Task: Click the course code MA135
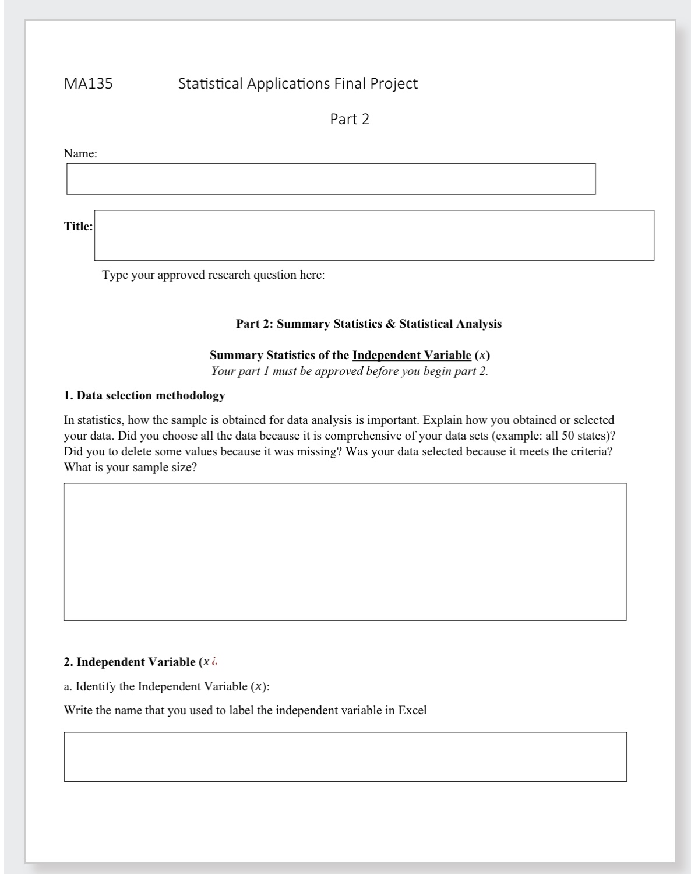click(x=88, y=83)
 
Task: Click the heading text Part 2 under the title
click(x=350, y=119)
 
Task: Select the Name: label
click(x=80, y=154)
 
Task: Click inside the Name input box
click(x=330, y=178)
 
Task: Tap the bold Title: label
click(x=78, y=226)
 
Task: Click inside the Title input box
click(x=373, y=235)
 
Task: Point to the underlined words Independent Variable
click(x=411, y=355)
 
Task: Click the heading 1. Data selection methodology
click(x=144, y=395)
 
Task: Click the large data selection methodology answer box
click(x=344, y=551)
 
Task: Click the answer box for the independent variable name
click(x=345, y=756)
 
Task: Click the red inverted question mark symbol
click(x=215, y=662)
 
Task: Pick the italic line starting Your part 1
click(x=349, y=371)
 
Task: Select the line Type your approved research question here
click(x=213, y=275)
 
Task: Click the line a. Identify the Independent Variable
click(x=167, y=686)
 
